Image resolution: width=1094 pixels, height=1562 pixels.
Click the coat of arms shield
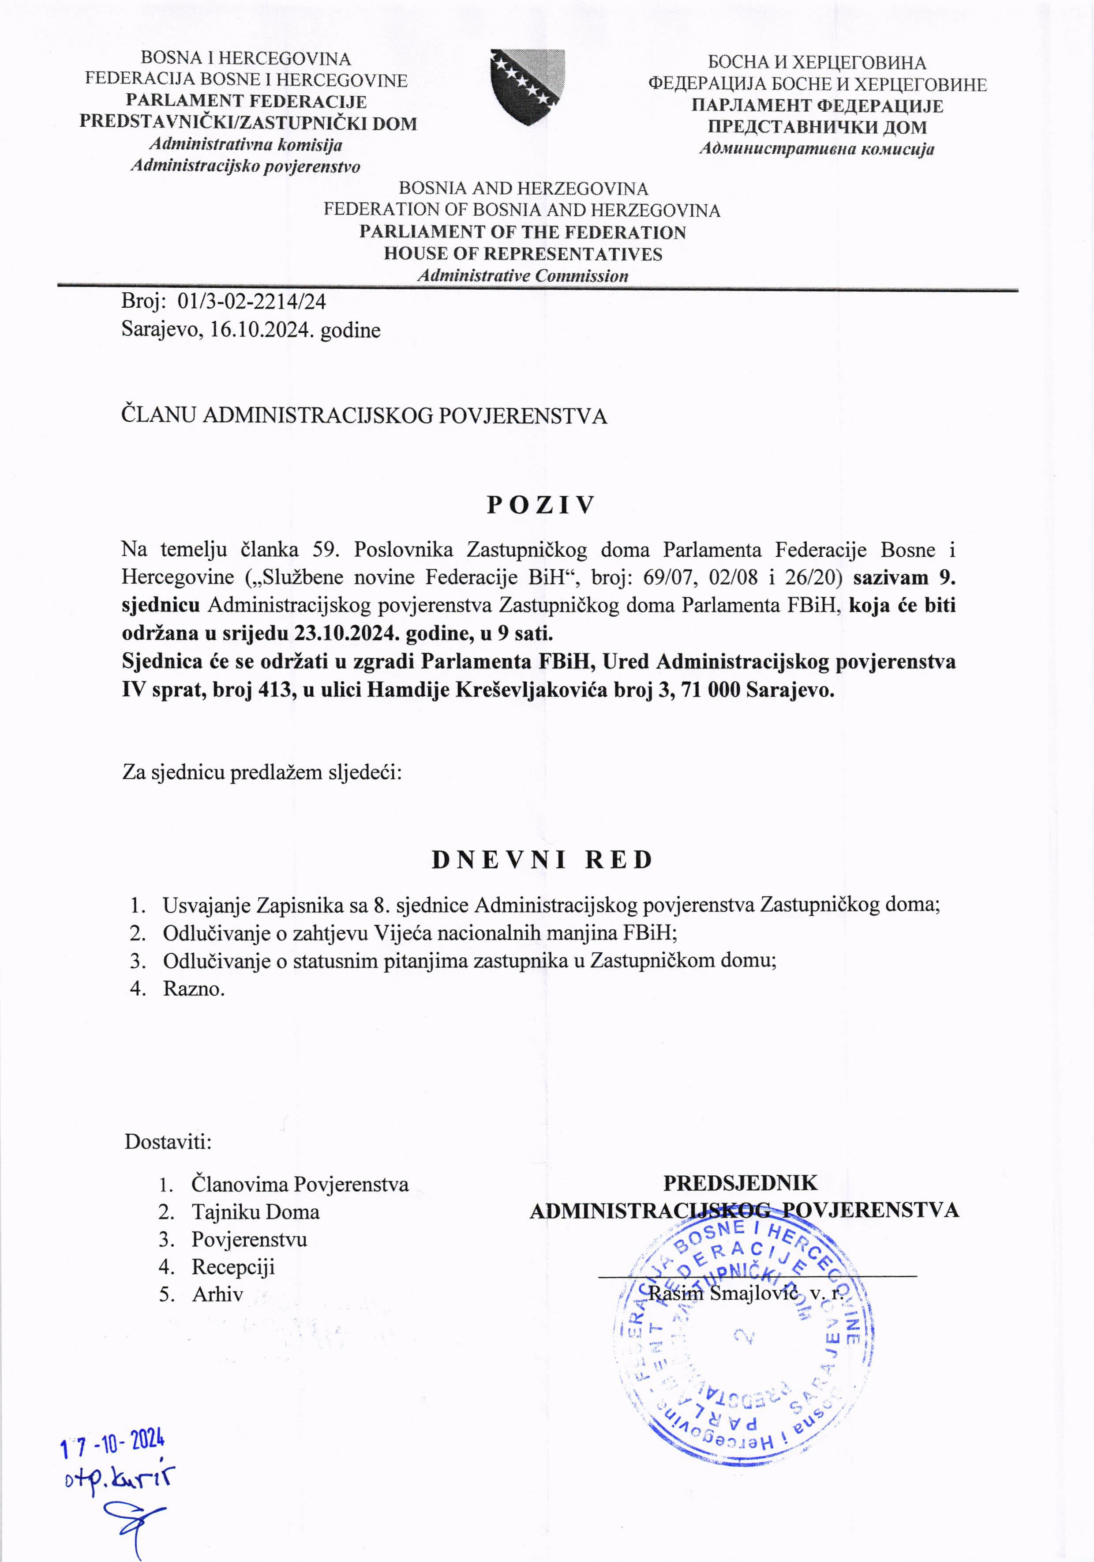coord(528,87)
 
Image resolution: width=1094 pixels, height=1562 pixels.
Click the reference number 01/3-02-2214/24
coord(251,301)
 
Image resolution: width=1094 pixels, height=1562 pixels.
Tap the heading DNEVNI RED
coord(542,860)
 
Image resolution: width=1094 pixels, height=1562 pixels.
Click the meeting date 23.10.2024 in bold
coord(346,634)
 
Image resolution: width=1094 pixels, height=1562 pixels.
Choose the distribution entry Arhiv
coord(217,1294)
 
